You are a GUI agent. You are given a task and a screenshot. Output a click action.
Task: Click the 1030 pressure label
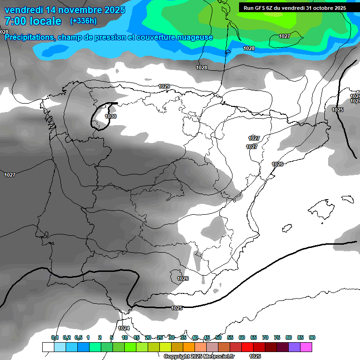click(111, 116)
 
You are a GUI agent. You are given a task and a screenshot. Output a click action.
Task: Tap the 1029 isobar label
click(164, 86)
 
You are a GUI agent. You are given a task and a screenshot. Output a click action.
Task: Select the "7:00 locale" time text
click(33, 21)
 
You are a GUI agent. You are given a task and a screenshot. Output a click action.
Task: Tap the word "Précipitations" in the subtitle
click(30, 37)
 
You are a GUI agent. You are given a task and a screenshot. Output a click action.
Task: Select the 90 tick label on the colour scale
click(312, 337)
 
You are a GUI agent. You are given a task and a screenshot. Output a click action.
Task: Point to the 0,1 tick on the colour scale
click(55, 337)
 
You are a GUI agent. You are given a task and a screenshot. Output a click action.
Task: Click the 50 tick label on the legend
click(218, 337)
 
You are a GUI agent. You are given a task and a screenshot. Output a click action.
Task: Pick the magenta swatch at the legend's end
click(306, 347)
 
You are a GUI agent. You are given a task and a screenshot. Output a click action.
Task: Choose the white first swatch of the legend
click(48, 347)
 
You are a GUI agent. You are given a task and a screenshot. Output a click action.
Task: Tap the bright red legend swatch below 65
click(247, 347)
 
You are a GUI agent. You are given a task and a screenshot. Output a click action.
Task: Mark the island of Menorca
click(347, 199)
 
